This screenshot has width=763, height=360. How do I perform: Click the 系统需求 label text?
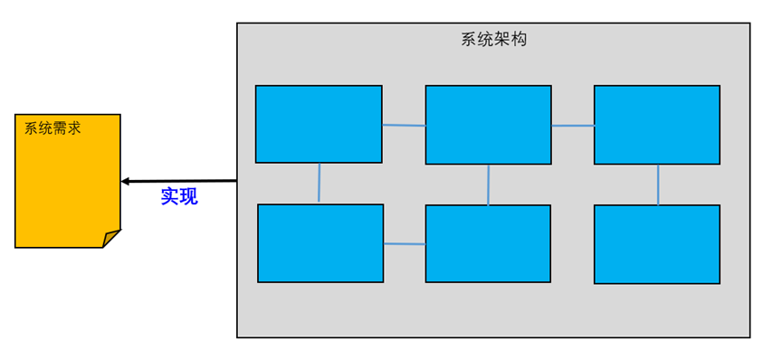point(52,128)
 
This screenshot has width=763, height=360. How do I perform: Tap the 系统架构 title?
point(493,40)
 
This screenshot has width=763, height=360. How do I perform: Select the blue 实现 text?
point(179,196)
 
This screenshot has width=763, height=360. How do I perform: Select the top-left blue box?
point(319,124)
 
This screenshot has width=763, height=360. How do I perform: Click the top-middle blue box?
point(488,124)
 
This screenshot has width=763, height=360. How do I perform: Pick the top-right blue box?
point(657,124)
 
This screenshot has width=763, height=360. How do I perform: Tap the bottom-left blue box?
point(320,243)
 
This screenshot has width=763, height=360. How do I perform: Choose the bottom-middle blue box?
point(488,243)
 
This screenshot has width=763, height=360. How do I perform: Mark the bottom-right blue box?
point(657,244)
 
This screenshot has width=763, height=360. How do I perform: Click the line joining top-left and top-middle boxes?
point(404,125)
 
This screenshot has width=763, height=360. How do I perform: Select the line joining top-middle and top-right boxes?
point(573,126)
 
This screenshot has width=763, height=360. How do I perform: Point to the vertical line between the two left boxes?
point(320,184)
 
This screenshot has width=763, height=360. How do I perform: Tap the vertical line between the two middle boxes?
point(489,185)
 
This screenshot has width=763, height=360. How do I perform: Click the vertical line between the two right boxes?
point(658,185)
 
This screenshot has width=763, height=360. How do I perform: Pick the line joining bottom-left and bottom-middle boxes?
point(405,243)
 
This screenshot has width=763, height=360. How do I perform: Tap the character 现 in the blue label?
point(188,196)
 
